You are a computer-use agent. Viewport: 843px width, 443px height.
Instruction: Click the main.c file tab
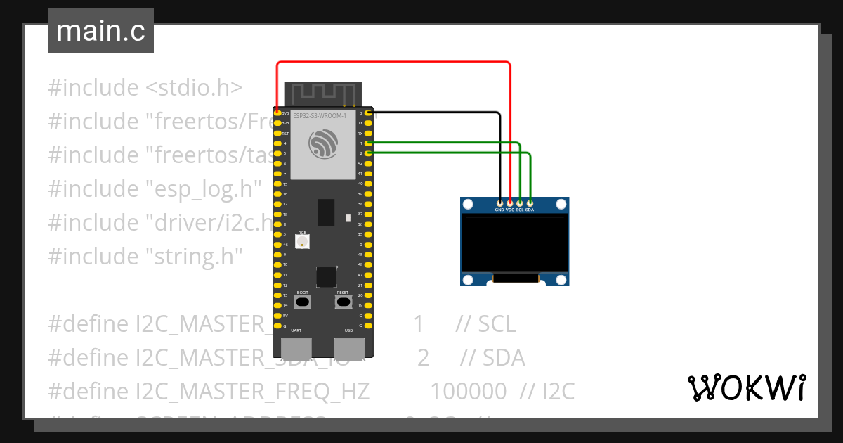click(x=100, y=31)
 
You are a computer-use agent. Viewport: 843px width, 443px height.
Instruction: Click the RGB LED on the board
click(x=303, y=241)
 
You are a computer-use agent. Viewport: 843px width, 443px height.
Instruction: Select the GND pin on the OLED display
click(x=499, y=203)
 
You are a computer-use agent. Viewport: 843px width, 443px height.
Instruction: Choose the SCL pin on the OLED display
click(x=520, y=203)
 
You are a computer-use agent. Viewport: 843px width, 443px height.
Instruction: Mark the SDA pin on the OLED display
click(x=530, y=203)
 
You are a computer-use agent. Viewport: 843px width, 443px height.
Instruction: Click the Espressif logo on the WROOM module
click(x=323, y=144)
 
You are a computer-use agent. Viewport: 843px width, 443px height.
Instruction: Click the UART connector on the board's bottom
click(x=296, y=347)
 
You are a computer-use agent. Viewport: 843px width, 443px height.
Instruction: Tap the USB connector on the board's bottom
click(x=349, y=347)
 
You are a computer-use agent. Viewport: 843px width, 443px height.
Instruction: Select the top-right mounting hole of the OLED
click(x=561, y=205)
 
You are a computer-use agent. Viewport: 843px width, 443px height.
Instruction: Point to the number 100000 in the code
click(x=468, y=392)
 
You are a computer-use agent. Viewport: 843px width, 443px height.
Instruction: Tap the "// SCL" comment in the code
click(x=485, y=324)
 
